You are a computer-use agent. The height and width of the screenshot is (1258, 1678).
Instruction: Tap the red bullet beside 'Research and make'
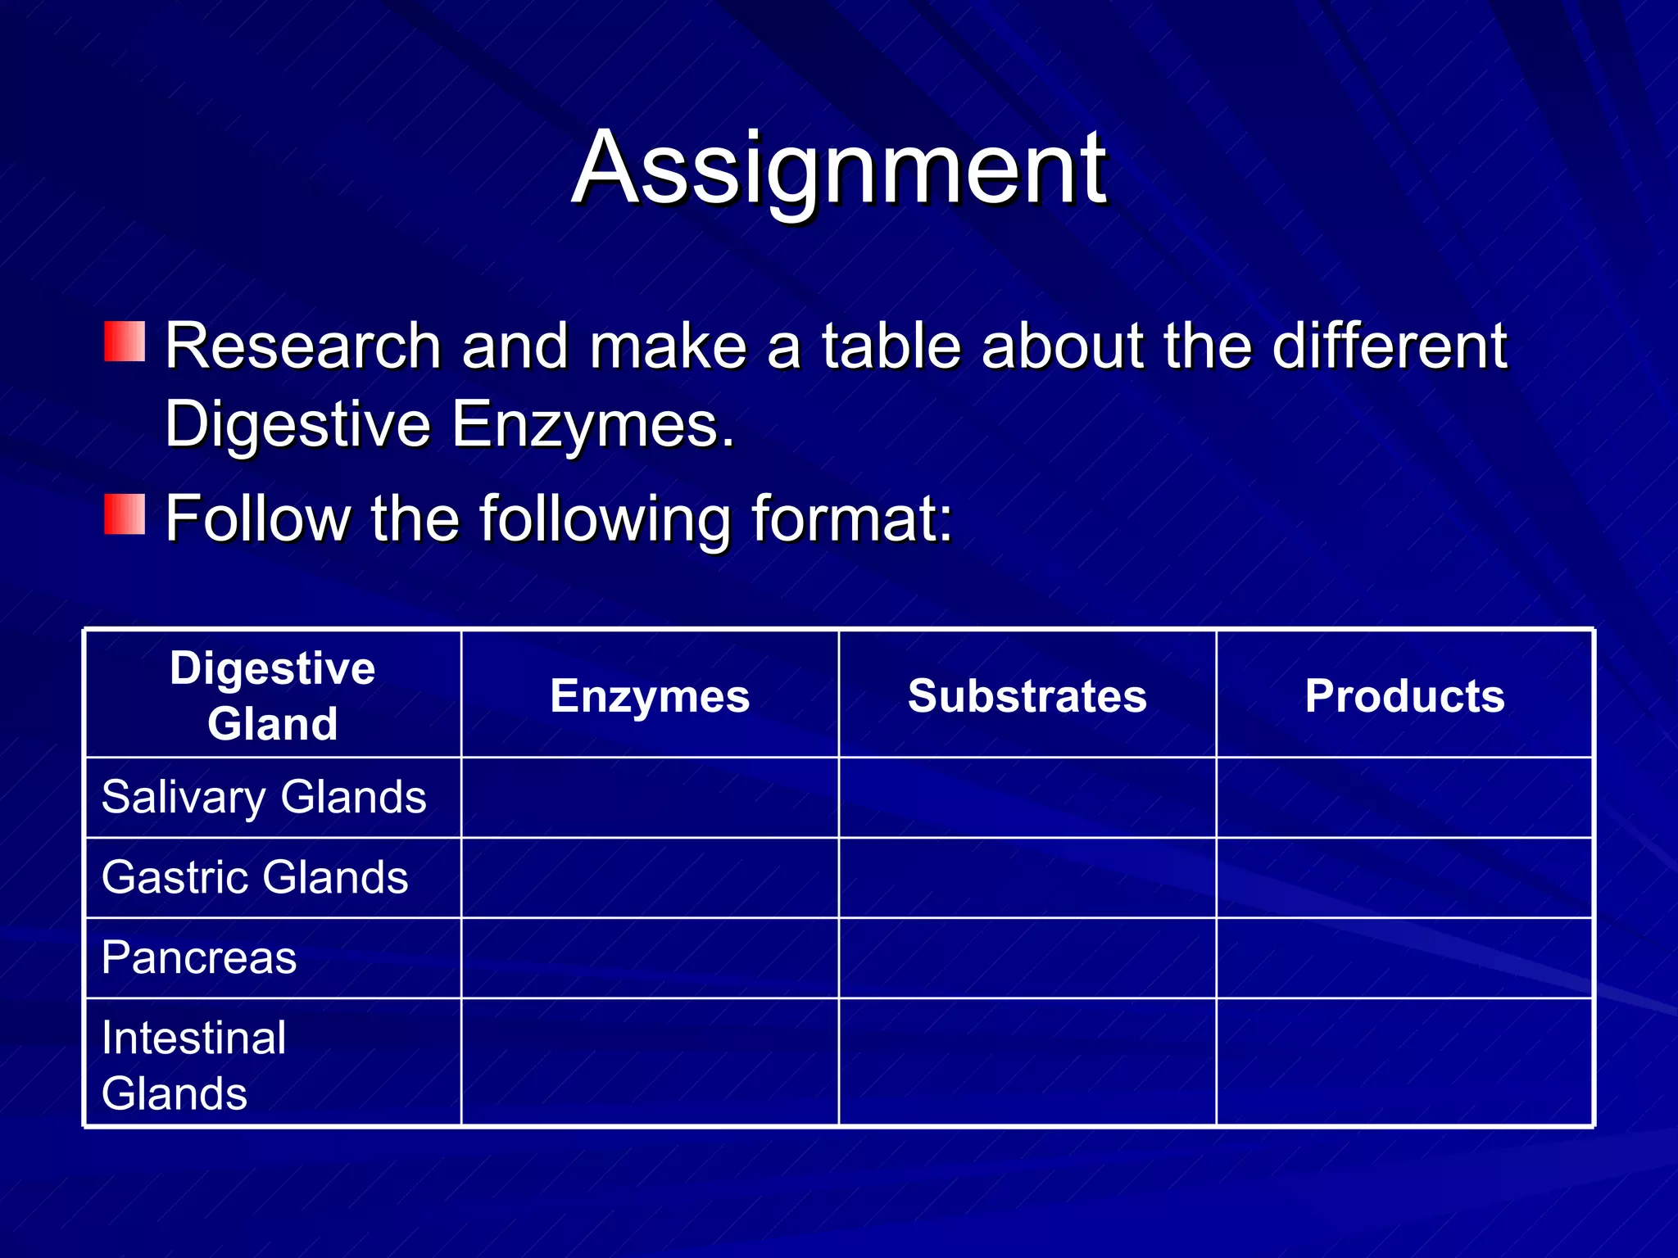click(125, 342)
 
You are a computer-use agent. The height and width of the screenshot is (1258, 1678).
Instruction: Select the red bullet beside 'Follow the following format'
click(125, 514)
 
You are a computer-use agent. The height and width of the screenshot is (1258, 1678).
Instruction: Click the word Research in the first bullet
click(303, 346)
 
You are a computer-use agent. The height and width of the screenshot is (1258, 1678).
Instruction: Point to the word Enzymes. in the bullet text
click(592, 425)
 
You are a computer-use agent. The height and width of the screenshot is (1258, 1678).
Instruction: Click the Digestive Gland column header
click(273, 695)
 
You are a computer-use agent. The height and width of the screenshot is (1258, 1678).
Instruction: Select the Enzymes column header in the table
click(650, 696)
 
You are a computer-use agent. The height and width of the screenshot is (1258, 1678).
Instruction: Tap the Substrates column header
click(1027, 696)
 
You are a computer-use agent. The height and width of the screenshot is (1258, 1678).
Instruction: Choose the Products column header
click(1404, 696)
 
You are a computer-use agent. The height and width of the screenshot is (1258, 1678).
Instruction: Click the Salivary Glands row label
click(264, 797)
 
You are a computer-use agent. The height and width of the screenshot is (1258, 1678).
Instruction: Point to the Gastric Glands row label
click(255, 877)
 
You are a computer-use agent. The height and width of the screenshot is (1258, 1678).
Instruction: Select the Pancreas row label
click(199, 957)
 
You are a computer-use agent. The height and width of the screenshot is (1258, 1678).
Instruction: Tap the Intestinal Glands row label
click(194, 1065)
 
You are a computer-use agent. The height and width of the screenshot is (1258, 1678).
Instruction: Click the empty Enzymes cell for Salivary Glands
click(650, 797)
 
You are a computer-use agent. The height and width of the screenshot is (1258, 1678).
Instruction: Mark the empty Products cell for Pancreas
click(1404, 957)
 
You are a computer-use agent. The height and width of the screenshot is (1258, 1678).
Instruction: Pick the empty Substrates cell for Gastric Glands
click(1027, 877)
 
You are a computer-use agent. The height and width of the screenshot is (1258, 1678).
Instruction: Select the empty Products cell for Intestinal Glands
click(1404, 1062)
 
